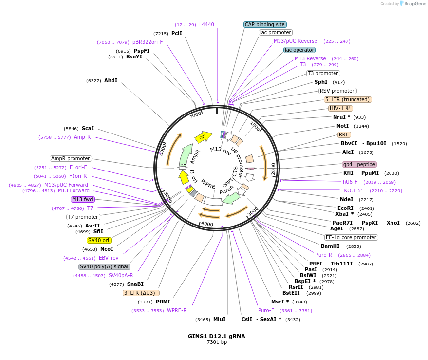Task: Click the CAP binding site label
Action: click(x=265, y=24)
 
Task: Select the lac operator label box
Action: click(x=299, y=50)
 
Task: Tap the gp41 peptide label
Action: click(x=359, y=164)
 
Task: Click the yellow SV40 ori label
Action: click(x=99, y=240)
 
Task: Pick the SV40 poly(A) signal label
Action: click(x=104, y=266)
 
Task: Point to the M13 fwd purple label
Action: click(x=82, y=199)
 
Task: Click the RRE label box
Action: click(x=344, y=134)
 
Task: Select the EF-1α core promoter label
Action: click(x=351, y=237)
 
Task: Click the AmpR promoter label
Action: click(x=71, y=158)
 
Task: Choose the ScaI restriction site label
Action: click(x=88, y=128)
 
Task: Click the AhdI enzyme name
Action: click(x=111, y=80)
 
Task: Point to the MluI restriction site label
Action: click(x=219, y=319)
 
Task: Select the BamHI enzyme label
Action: click(x=330, y=246)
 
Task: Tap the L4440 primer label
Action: click(x=206, y=24)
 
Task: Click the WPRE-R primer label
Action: click(x=177, y=310)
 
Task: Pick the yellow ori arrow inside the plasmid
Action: click(x=204, y=137)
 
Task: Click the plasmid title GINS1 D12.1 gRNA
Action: click(x=217, y=336)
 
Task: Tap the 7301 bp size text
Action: click(x=217, y=342)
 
